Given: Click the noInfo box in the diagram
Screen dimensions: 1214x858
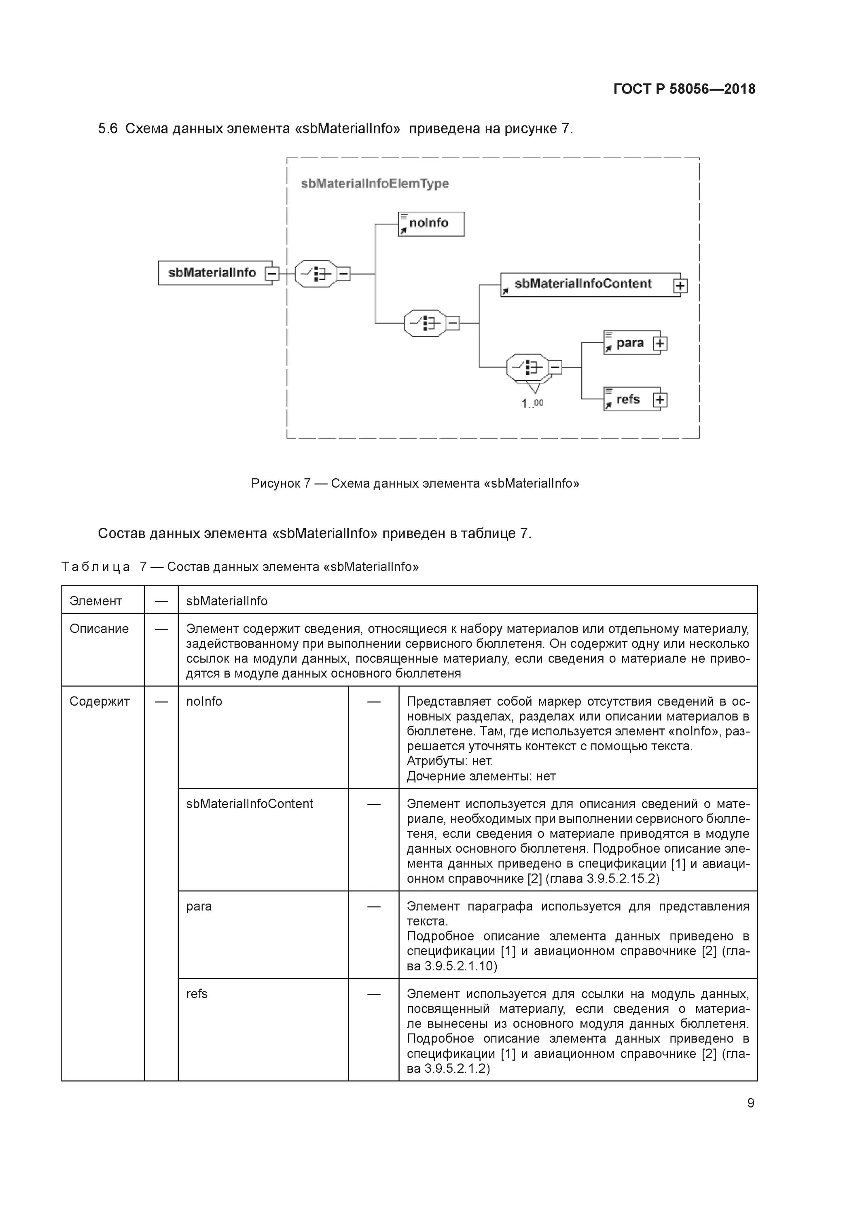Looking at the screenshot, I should pos(430,224).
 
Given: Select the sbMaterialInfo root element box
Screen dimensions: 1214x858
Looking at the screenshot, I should pos(212,273).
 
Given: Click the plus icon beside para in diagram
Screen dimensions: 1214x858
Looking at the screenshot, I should pos(660,343).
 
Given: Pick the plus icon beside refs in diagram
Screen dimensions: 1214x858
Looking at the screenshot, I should pos(660,400).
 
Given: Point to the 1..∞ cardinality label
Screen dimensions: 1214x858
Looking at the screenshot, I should pos(532,403).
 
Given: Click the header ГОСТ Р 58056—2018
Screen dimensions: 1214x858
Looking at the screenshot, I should pos(684,89).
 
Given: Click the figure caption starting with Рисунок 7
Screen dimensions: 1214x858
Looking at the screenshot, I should pos(415,483).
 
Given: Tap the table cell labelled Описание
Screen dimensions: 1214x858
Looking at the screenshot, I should pos(99,629).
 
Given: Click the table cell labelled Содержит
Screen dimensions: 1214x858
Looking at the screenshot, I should pos(100,701).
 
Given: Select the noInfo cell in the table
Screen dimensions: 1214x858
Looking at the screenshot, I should pos(204,701).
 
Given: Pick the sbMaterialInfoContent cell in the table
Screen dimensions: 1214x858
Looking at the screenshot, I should pos(249,804).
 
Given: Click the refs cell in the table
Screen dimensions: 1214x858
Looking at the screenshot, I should pos(197,993).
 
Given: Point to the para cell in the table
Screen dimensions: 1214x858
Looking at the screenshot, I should pos(199,906).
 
